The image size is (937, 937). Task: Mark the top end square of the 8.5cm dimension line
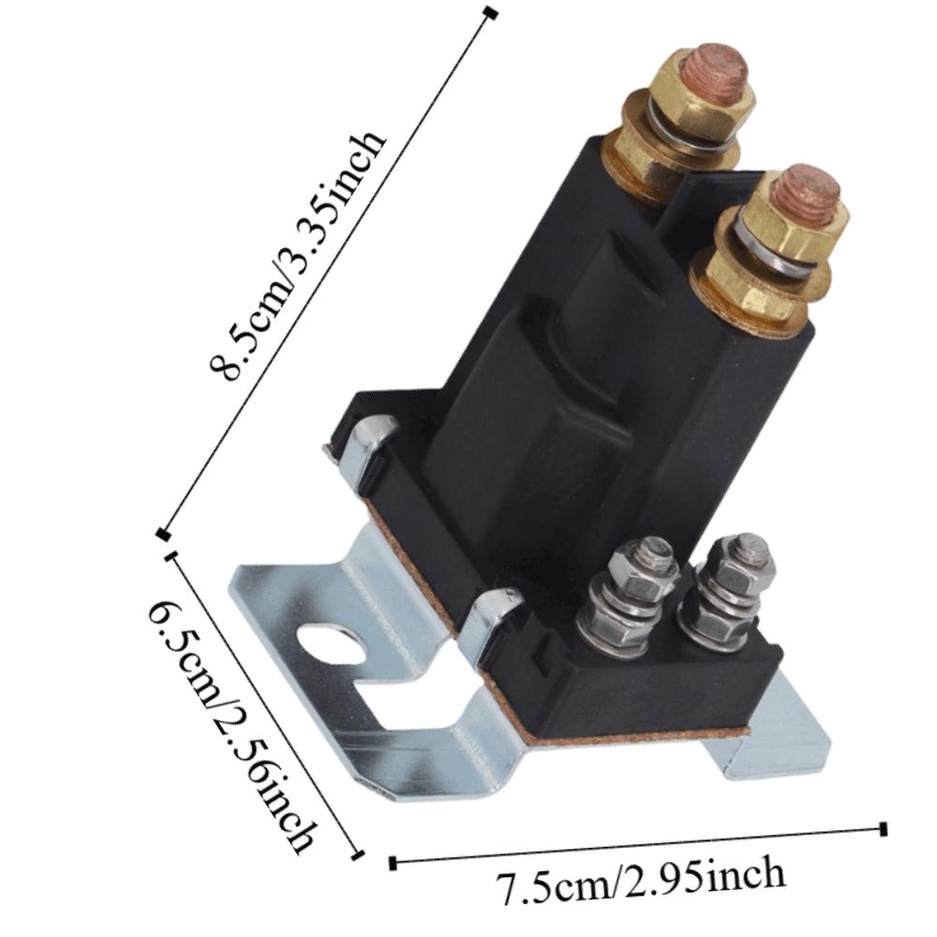point(491,12)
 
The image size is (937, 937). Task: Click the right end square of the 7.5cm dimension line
point(884,827)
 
